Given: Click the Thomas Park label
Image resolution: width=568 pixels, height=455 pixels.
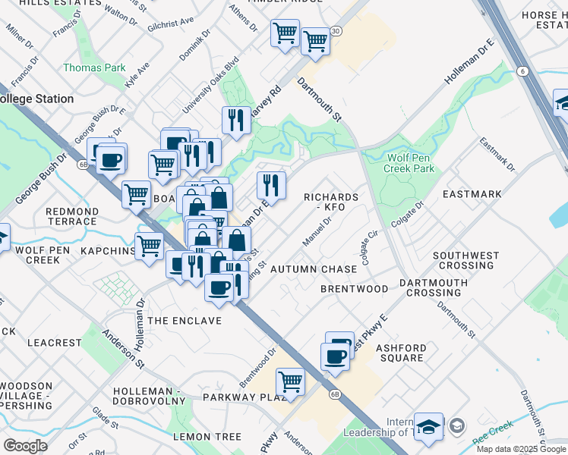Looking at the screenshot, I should tap(94, 67).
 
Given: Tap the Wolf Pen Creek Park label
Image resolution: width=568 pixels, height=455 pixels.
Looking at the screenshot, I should tap(411, 163).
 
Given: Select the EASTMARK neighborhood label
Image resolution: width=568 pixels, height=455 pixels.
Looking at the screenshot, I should tap(475, 194).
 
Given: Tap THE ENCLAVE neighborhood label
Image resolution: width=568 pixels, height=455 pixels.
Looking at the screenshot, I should tap(185, 321).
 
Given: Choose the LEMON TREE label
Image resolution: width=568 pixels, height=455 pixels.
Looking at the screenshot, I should tap(207, 437).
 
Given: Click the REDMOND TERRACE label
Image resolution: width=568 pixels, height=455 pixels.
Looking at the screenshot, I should tap(72, 216).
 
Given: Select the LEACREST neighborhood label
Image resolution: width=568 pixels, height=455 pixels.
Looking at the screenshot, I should tap(54, 343).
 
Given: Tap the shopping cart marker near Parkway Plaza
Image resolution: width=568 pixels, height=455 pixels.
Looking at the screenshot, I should tap(290, 381).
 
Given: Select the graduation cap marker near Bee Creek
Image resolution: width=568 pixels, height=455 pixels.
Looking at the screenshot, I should tap(428, 426).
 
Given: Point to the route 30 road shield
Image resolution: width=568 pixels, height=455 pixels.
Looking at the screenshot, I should tap(336, 30).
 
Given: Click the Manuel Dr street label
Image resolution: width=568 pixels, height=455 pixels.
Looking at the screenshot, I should tap(317, 233).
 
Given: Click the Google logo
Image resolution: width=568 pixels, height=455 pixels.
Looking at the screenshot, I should tap(26, 446).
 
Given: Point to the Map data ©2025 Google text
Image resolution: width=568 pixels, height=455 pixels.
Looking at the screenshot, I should tap(520, 449).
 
